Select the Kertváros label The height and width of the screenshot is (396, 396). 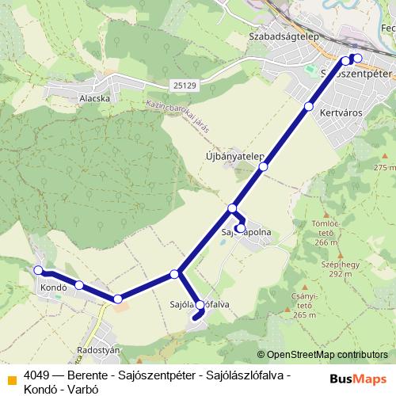pyautogui.click(x=340, y=113)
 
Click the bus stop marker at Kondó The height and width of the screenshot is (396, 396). pyautogui.click(x=39, y=270)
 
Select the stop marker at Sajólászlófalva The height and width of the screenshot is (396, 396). pyautogui.click(x=200, y=305)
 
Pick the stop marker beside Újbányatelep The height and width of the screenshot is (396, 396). pyautogui.click(x=263, y=166)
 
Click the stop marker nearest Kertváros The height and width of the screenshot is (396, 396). pyautogui.click(x=309, y=106)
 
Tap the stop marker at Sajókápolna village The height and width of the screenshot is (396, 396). pyautogui.click(x=240, y=228)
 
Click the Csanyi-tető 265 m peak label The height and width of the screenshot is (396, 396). pyautogui.click(x=305, y=306)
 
